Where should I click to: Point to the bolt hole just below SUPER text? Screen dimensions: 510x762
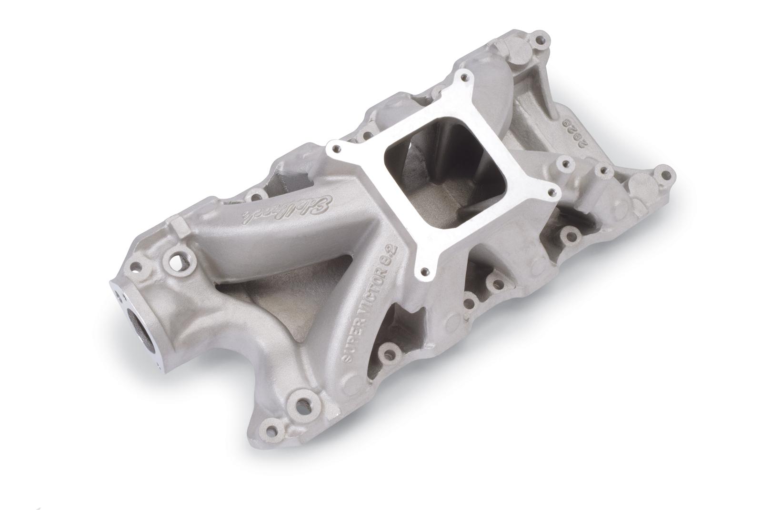[x=391, y=352]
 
